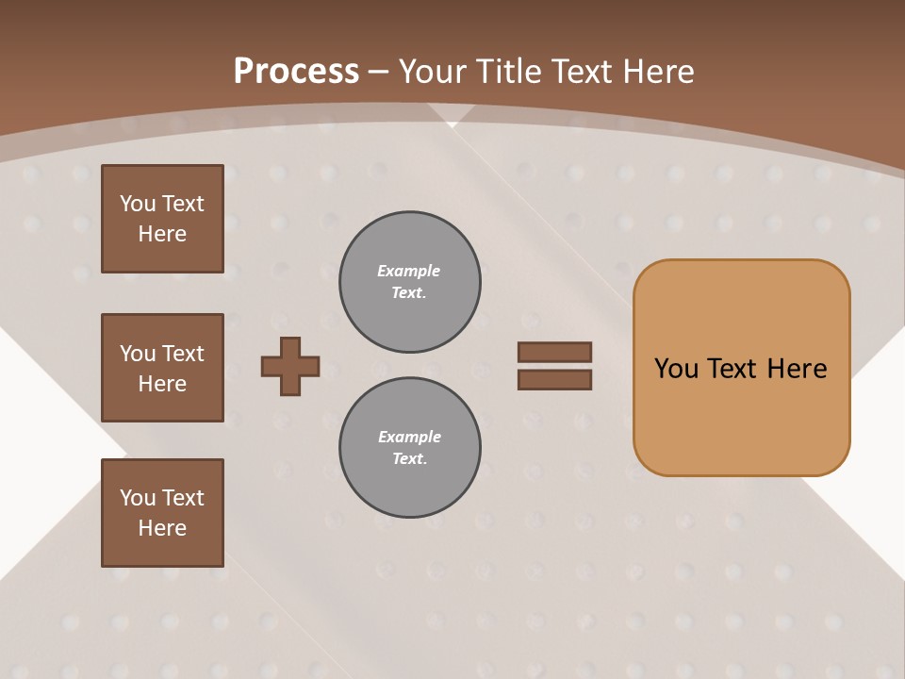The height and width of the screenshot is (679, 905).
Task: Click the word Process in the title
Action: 296,72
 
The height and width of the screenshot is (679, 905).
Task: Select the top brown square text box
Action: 162,219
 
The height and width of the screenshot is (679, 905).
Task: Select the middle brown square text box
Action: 162,368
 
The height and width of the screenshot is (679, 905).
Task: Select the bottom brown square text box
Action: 162,513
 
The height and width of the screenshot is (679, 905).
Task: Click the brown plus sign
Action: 290,366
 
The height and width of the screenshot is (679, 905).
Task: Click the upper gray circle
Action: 410,282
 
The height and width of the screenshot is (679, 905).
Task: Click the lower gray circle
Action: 410,448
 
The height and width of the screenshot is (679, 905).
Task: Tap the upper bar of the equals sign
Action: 554,352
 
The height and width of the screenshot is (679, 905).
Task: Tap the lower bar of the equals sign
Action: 554,380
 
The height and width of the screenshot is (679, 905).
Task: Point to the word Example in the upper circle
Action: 409,271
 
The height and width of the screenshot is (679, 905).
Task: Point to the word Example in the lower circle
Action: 409,437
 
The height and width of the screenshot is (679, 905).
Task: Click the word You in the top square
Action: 137,204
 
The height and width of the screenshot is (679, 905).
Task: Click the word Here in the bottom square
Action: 162,528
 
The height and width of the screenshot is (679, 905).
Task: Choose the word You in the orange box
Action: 676,369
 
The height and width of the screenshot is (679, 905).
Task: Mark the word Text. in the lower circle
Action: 409,459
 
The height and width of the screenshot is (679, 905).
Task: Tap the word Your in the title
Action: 433,72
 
